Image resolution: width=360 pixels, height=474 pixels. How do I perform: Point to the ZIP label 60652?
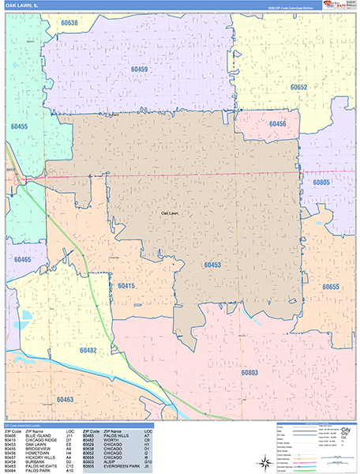point(298,87)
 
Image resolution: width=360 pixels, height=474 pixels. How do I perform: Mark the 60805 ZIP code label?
point(321,182)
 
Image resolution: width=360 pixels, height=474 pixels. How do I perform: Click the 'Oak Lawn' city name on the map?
point(170,213)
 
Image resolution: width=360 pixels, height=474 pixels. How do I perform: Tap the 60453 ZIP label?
point(211,265)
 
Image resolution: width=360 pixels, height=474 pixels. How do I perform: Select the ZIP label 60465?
point(22,260)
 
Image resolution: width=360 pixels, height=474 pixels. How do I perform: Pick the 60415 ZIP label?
point(126,284)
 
